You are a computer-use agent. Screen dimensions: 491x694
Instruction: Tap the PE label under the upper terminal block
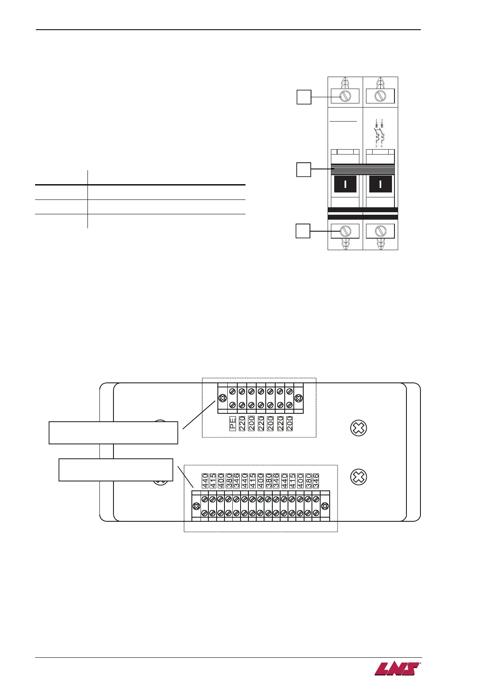[x=233, y=424]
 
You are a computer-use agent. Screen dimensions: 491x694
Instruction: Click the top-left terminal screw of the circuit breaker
[x=345, y=96]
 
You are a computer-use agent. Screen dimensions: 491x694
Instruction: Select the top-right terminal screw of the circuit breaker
[x=380, y=96]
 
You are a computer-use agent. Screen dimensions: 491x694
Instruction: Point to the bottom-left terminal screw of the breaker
[x=345, y=231]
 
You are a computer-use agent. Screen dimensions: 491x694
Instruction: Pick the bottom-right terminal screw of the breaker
[x=380, y=231]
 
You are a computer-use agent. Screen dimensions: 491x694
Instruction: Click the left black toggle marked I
[x=345, y=184]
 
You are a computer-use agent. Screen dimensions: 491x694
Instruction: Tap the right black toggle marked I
[x=380, y=184]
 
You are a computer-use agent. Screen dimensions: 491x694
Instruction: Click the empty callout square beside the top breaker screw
[x=304, y=97]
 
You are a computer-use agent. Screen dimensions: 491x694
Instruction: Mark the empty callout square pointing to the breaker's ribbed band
[x=304, y=169]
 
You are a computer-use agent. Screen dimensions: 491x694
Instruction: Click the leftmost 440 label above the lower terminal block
[x=205, y=481]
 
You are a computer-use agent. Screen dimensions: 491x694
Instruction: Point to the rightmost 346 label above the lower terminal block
[x=316, y=481]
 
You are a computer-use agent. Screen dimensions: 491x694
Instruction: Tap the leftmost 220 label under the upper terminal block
[x=242, y=424]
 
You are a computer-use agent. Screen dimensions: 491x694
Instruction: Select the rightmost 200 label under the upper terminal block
[x=290, y=424]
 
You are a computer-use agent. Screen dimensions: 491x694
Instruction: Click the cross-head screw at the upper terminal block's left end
[x=223, y=399]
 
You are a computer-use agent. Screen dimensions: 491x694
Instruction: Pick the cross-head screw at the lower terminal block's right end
[x=325, y=506]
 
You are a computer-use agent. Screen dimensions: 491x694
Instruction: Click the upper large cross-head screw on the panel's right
[x=358, y=428]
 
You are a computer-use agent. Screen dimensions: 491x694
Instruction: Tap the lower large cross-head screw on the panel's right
[x=358, y=477]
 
